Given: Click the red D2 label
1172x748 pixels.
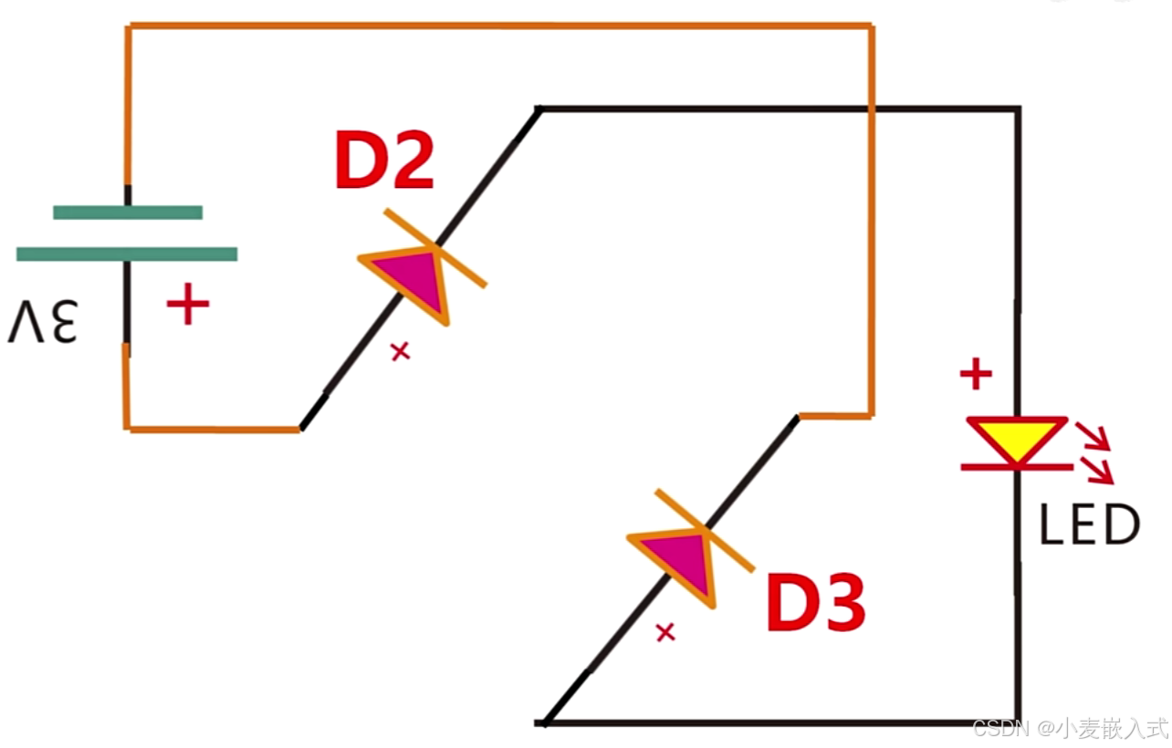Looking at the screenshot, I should click(x=383, y=161).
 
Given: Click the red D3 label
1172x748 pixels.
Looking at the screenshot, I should click(x=815, y=603).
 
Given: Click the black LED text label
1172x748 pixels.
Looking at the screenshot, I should click(x=1090, y=525).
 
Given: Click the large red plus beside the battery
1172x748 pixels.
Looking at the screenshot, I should click(x=188, y=305).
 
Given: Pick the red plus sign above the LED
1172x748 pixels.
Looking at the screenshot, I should click(x=976, y=373).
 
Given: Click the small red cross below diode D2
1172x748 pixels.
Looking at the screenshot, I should click(x=400, y=351).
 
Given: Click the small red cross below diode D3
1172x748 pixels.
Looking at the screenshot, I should click(x=665, y=631).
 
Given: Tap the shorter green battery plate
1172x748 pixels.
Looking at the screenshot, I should click(x=128, y=213).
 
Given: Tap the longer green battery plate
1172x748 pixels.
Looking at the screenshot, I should click(x=127, y=255).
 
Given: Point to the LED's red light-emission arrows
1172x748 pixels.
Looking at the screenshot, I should click(x=1095, y=452).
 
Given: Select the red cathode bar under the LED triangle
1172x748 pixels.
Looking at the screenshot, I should click(x=1017, y=467).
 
